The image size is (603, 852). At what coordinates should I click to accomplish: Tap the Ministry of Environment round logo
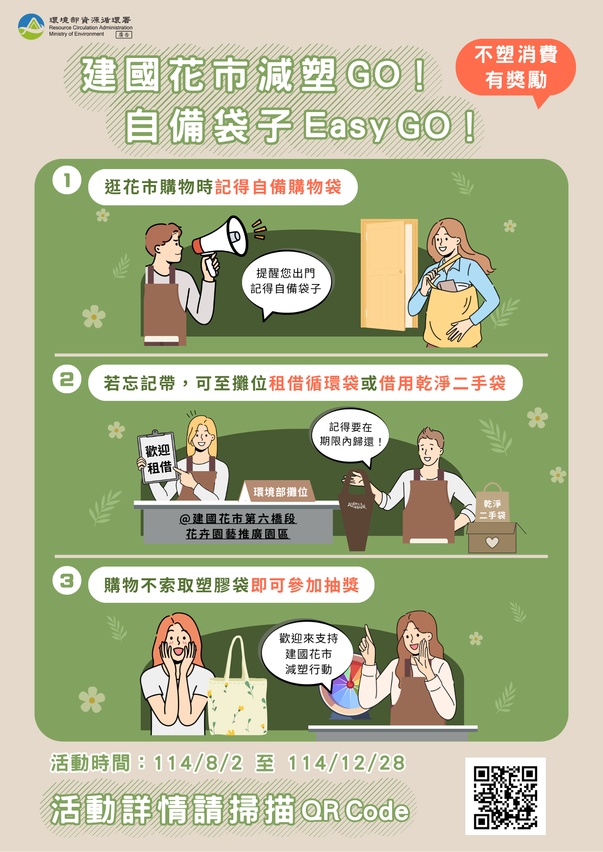click(x=31, y=26)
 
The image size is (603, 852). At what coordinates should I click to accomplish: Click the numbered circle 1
click(x=67, y=180)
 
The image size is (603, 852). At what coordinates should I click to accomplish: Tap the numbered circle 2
click(x=67, y=379)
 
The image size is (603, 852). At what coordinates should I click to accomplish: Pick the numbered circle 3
click(x=67, y=580)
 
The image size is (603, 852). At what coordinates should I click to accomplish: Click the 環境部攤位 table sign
click(x=279, y=492)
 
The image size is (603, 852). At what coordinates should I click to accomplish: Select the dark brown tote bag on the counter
click(x=357, y=511)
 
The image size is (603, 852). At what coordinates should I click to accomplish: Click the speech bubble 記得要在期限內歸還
click(x=350, y=435)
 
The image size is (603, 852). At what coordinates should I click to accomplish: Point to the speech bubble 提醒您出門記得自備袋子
click(x=286, y=281)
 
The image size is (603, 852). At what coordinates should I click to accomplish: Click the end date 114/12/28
click(x=346, y=763)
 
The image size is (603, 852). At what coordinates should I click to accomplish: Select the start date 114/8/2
click(x=198, y=763)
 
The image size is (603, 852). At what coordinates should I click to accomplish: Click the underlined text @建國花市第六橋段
click(x=238, y=518)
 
